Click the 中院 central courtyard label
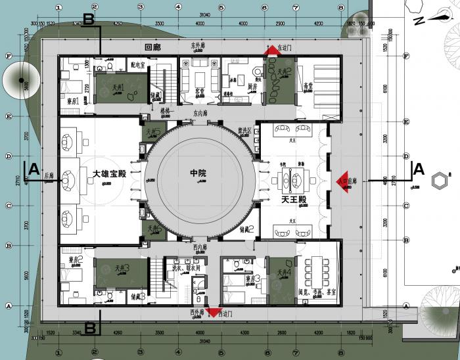(198, 173)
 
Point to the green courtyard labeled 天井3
(122, 270)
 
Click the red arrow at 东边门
(270, 51)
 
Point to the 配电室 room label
(137, 66)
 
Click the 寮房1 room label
(74, 101)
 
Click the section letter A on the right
(417, 169)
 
